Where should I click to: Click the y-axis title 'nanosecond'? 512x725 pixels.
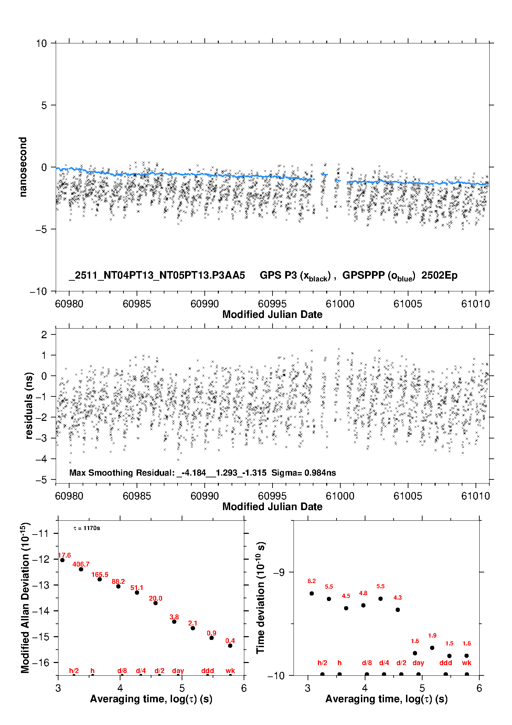[x=23, y=167]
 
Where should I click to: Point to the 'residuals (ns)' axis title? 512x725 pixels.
[x=29, y=405]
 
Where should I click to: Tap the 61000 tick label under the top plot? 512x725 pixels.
[x=340, y=304]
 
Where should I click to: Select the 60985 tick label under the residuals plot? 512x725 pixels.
[x=137, y=496]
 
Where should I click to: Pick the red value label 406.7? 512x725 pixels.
[x=81, y=564]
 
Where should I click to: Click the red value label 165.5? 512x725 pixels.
[x=100, y=574]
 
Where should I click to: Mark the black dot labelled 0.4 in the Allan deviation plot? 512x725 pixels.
[x=230, y=645]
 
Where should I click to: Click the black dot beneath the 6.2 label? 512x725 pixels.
[x=312, y=593]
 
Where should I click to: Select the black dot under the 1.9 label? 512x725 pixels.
[x=432, y=648]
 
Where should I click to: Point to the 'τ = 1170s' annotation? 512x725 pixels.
[x=87, y=528]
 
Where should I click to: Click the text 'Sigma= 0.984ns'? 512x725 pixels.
[x=303, y=473]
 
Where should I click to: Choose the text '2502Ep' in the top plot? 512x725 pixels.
[x=439, y=275]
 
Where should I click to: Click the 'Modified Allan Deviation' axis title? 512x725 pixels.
[x=25, y=598]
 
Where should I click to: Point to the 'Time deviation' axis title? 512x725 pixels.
[x=260, y=598]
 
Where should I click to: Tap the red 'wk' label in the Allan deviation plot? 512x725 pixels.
[x=230, y=671]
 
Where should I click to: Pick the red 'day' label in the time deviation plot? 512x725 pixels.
[x=418, y=663]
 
